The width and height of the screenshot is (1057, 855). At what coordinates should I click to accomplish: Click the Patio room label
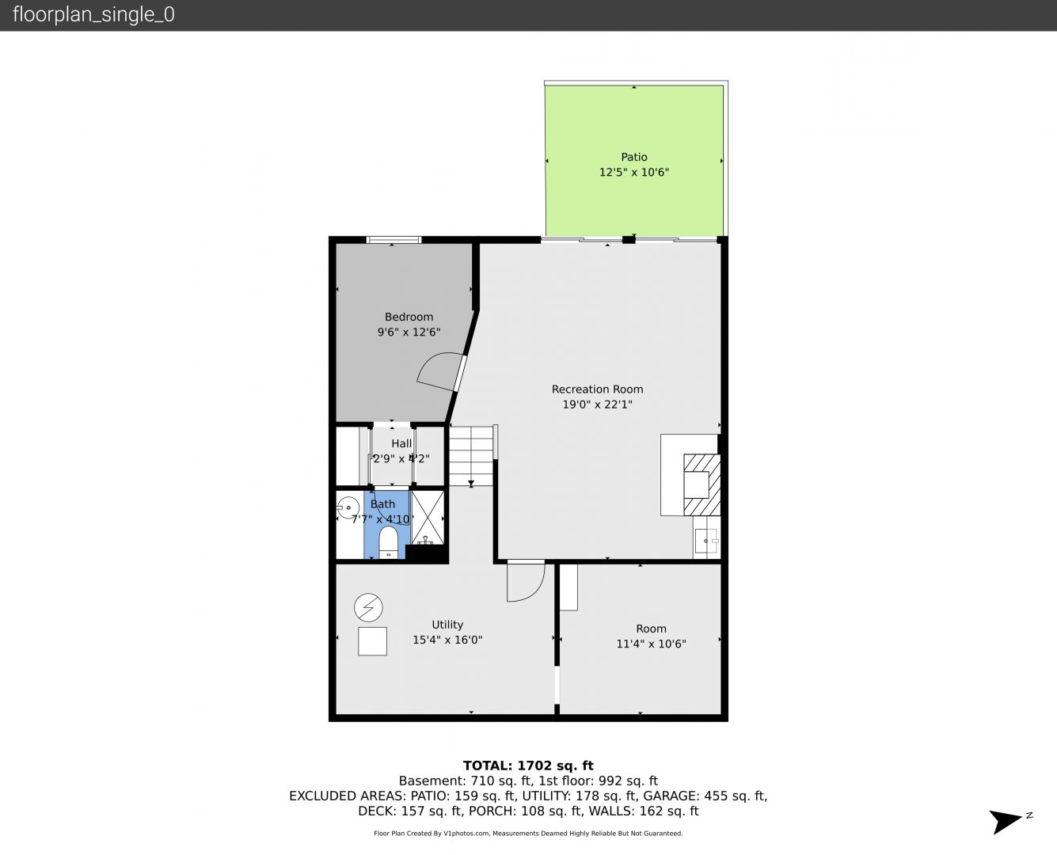pyautogui.click(x=634, y=157)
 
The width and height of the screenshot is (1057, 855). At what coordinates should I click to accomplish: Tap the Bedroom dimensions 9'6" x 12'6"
pyautogui.click(x=409, y=332)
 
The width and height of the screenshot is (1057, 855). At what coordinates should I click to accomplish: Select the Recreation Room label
pyautogui.click(x=598, y=389)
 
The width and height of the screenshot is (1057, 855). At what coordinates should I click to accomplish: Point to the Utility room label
pyautogui.click(x=447, y=625)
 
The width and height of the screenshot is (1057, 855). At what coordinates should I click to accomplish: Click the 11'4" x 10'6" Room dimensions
pyautogui.click(x=651, y=644)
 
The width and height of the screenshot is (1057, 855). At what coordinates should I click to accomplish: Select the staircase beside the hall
pyautogui.click(x=471, y=455)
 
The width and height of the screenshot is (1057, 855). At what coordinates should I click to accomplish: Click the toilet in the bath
pyautogui.click(x=388, y=542)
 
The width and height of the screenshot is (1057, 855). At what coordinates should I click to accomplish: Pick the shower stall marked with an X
pyautogui.click(x=428, y=517)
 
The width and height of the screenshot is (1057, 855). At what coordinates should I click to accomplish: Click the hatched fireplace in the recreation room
pyautogui.click(x=701, y=484)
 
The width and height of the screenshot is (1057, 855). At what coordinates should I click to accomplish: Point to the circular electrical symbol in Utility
pyautogui.click(x=368, y=607)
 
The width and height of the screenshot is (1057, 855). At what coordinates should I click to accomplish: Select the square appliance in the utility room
pyautogui.click(x=372, y=641)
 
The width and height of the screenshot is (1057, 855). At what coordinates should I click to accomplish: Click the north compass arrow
pyautogui.click(x=1006, y=821)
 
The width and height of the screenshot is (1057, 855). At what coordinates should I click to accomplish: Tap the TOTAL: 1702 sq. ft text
pyautogui.click(x=528, y=766)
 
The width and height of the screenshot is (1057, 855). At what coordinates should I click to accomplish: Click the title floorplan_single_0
pyautogui.click(x=93, y=15)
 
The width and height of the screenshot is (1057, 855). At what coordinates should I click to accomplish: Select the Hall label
pyautogui.click(x=401, y=443)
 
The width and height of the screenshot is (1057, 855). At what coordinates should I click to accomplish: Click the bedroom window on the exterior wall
pyautogui.click(x=394, y=240)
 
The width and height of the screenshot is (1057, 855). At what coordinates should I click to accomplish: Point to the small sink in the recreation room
pyautogui.click(x=706, y=541)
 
